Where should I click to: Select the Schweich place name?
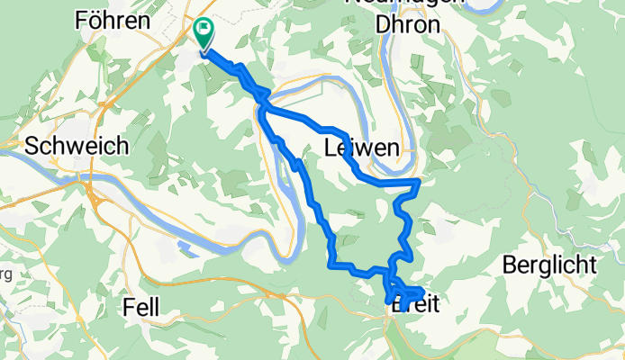pos(77,146)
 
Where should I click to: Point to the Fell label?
pos(141,308)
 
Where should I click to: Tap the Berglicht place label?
pos(549,265)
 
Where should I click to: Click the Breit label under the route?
pos(416,308)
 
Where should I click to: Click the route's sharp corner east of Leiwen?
pos(419,183)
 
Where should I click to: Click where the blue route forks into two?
pos(262,110)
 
